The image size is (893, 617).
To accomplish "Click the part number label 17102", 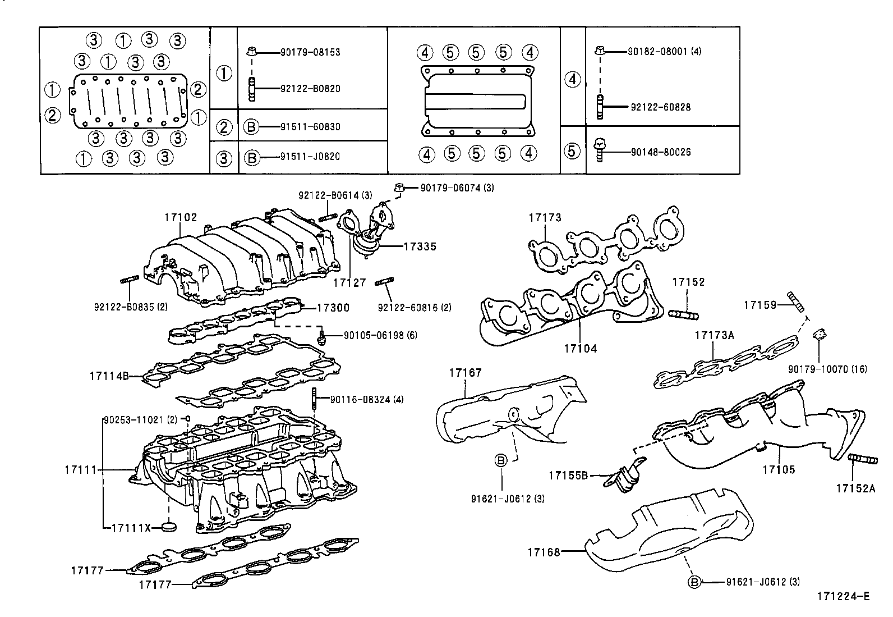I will point(181,217).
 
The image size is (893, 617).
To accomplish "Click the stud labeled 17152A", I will point(863,460).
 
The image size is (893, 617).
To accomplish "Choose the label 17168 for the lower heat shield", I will point(544,552).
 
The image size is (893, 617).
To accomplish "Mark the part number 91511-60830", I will point(310,127).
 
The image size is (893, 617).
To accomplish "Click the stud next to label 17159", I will point(795,301).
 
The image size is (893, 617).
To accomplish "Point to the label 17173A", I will point(714,335).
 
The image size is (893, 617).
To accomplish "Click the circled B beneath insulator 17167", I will point(501,460).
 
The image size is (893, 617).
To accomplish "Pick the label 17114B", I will point(109,375).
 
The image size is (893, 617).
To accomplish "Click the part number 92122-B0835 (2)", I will point(131,307).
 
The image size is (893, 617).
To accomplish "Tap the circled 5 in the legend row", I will point(572,150).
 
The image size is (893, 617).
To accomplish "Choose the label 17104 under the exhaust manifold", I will point(581,349).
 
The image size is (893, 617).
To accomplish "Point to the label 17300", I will point(333,308).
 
